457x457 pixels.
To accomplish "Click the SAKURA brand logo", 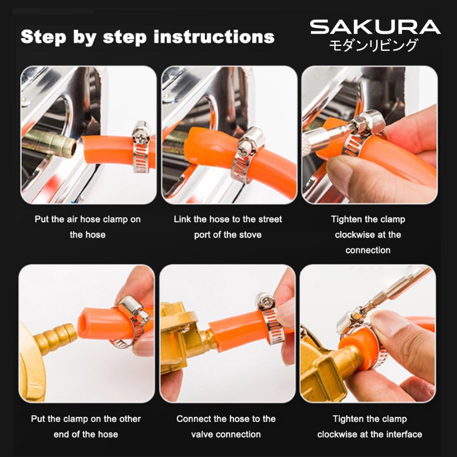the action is tap(375, 27).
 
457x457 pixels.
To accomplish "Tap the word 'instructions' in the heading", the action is tap(214, 37).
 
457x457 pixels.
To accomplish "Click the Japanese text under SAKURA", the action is tap(374, 45).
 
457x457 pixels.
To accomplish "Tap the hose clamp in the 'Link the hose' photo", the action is tap(247, 154).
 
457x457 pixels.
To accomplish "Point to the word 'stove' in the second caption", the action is tap(249, 235).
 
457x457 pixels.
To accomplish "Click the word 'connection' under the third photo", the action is tap(368, 250).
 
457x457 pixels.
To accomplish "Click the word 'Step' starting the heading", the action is tap(43, 37).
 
